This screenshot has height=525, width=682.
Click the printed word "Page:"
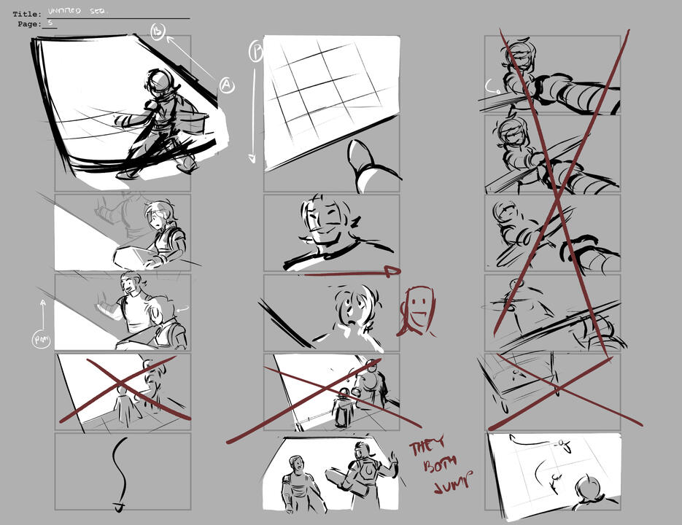coord(29,24)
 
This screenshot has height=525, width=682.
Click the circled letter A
coord(227,85)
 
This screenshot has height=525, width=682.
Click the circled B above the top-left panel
coord(158,31)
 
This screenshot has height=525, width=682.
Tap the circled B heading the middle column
coord(257,51)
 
